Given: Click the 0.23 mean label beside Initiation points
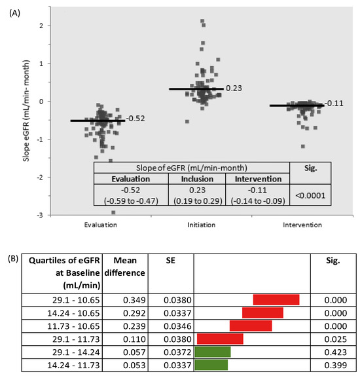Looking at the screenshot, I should pos(234,88).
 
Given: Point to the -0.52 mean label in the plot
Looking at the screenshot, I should pos(136,119).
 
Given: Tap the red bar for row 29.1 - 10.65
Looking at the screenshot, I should pos(276,299).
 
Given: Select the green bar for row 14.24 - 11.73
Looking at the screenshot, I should pos(211,364).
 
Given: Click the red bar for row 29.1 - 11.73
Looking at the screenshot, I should pos(220,339).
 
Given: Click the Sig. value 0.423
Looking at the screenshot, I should pos(333,351).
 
